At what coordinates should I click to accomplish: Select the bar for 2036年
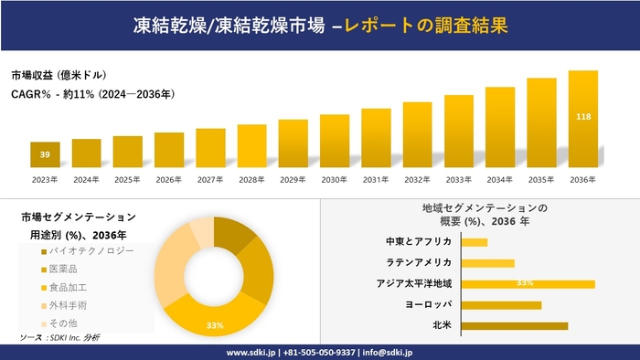point(583,119)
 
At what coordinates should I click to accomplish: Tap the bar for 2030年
point(335,141)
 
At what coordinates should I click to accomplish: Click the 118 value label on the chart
point(583,117)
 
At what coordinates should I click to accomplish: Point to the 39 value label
point(45,155)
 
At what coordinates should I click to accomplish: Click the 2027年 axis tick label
point(210,179)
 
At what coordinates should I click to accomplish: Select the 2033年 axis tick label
point(459,179)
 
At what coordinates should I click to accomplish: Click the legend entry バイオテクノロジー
point(88,250)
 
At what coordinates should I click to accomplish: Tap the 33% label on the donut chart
point(215,325)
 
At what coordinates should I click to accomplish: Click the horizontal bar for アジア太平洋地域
point(528,283)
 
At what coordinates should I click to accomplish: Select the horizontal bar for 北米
point(514,325)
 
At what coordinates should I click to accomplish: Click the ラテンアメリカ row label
point(421,263)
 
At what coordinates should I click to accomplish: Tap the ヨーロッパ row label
point(427,304)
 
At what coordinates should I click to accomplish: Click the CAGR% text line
point(92,94)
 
